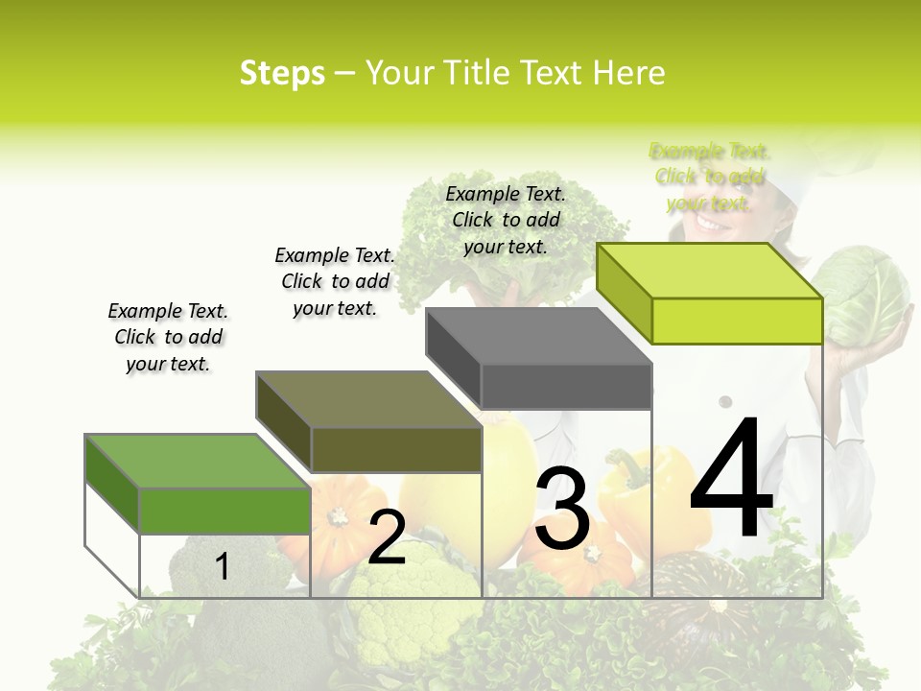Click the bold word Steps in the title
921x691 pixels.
282,73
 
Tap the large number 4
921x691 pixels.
731,480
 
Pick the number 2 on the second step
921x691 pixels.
387,537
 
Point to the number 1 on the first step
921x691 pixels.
223,566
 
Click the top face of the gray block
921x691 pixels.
537,336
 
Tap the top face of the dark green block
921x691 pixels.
197,461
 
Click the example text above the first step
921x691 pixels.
168,337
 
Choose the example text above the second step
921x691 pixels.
335,281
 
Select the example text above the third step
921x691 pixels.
506,220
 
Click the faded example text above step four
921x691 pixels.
709,177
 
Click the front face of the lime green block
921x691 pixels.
737,321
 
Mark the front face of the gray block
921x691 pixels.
566,386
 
